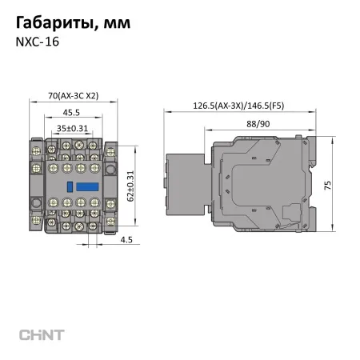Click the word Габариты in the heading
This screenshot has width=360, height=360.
tap(50, 23)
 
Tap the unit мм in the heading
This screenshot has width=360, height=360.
tap(114, 23)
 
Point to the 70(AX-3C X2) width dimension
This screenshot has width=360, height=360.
tap(73, 96)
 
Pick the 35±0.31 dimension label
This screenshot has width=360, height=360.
tap(72, 127)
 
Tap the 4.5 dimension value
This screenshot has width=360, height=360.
tap(126, 238)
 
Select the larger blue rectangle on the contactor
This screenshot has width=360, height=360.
tap(86, 185)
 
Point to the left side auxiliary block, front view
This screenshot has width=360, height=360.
tap(35, 185)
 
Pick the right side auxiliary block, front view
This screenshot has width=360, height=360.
tap(110, 185)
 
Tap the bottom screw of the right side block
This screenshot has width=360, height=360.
tap(110, 218)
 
